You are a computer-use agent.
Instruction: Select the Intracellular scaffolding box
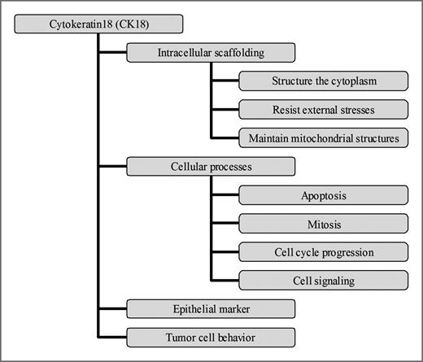tap(211, 54)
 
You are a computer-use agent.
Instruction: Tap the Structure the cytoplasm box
tap(324, 81)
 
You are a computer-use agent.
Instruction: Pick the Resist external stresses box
tap(324, 110)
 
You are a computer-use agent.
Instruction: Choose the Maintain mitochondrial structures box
tap(324, 138)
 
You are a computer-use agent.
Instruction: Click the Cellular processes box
tap(211, 167)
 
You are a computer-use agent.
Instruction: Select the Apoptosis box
tap(324, 195)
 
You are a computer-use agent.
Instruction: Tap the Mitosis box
tap(324, 223)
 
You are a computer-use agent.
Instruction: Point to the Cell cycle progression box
tap(324, 251)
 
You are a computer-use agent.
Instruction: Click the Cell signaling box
tap(324, 280)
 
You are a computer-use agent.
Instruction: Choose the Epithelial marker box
tap(211, 308)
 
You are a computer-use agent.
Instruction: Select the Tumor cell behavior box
tap(211, 336)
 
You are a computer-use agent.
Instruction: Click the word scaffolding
tap(240, 54)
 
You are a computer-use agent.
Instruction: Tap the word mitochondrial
tap(322, 138)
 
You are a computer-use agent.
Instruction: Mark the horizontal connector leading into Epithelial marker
tap(112, 308)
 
